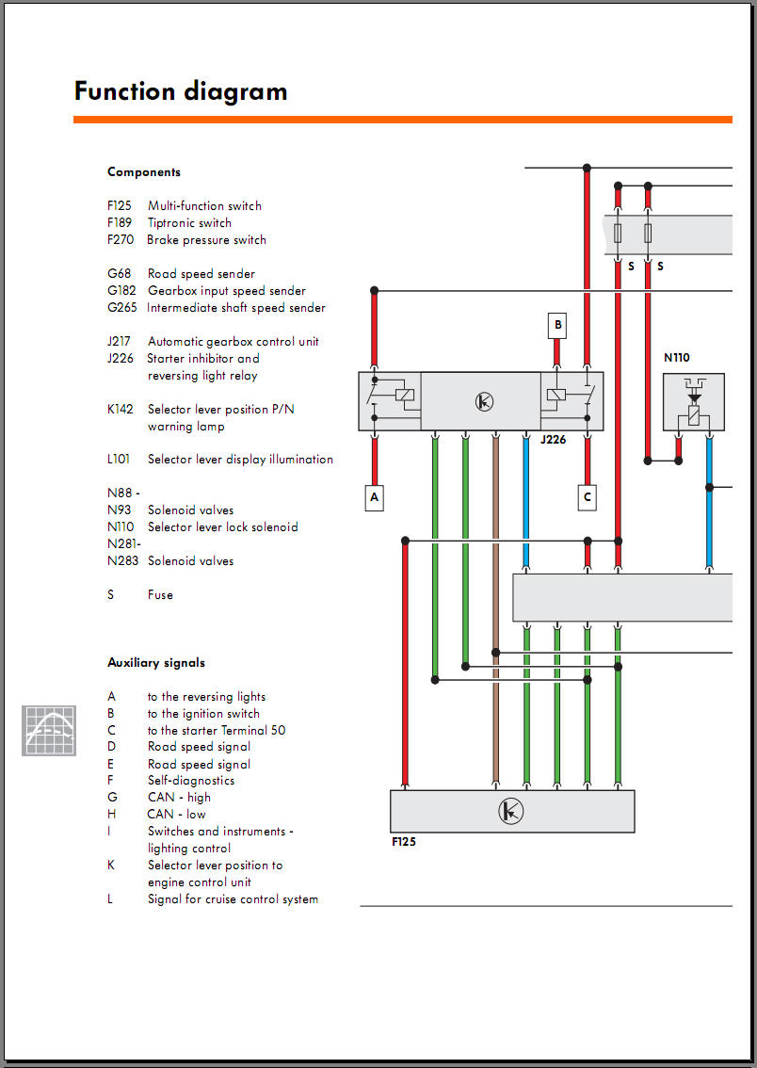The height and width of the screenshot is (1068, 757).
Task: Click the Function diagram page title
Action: tap(181, 91)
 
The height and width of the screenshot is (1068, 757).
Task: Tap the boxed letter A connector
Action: tap(374, 497)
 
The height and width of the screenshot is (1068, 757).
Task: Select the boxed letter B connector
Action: tap(557, 326)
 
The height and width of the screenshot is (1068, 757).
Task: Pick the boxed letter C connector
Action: tap(588, 497)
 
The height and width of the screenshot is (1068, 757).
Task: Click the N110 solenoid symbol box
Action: tap(694, 402)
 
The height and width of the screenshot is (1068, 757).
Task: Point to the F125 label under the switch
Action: tap(404, 842)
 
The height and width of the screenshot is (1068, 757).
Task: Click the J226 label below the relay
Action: tap(554, 440)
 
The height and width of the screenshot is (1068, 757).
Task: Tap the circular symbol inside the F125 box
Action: tap(510, 811)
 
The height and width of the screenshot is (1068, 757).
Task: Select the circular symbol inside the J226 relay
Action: tap(484, 401)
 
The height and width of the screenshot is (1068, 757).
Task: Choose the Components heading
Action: tap(144, 172)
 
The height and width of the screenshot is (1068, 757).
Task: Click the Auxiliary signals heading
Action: tap(156, 662)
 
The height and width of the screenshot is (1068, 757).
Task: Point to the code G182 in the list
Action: tap(121, 291)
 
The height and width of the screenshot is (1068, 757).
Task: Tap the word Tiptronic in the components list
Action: tap(172, 222)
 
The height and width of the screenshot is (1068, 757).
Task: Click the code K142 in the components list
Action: tap(121, 410)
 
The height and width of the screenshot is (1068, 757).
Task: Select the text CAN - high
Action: tap(179, 797)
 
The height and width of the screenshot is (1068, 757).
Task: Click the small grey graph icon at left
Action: tap(49, 730)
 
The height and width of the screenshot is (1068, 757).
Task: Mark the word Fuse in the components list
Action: tap(161, 594)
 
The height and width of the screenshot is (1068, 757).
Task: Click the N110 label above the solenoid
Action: tap(677, 357)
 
